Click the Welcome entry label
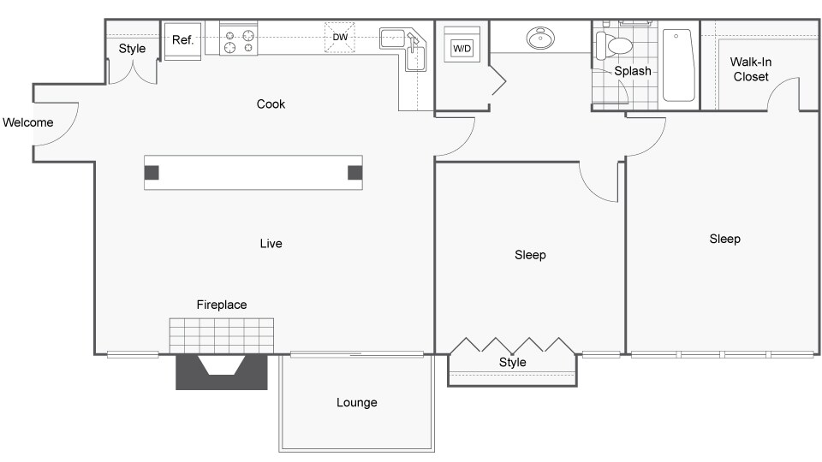pyautogui.click(x=27, y=122)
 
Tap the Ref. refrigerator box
pyautogui.click(x=183, y=41)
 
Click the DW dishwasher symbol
pyautogui.click(x=340, y=37)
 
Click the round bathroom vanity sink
pyautogui.click(x=540, y=38)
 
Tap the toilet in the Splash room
pyautogui.click(x=614, y=45)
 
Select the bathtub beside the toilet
pyautogui.click(x=679, y=66)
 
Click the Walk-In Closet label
pyautogui.click(x=751, y=69)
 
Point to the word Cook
pyautogui.click(x=271, y=104)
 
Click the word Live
pyautogui.click(x=271, y=244)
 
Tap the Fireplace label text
pyautogui.click(x=222, y=305)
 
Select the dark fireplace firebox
pyautogui.click(x=221, y=372)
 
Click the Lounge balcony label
pyautogui.click(x=356, y=403)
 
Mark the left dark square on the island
pyautogui.click(x=152, y=172)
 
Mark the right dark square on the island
pyautogui.click(x=354, y=172)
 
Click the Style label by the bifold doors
pyautogui.click(x=512, y=363)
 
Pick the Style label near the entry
pyautogui.click(x=132, y=49)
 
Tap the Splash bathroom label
pyautogui.click(x=633, y=71)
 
